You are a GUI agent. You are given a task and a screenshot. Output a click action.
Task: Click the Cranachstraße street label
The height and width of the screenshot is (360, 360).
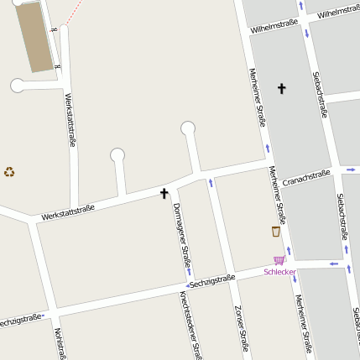point(305,177)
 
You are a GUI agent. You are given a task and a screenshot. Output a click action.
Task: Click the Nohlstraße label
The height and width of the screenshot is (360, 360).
point(60,343)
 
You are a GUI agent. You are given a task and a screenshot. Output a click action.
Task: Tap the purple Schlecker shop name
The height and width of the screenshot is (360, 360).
point(279,272)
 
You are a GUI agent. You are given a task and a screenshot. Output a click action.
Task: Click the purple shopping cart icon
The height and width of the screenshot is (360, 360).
point(279,260)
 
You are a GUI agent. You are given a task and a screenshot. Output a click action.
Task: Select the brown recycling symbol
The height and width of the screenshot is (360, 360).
point(9,172)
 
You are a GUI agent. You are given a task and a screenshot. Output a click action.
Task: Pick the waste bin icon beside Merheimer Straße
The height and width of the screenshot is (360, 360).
point(275,232)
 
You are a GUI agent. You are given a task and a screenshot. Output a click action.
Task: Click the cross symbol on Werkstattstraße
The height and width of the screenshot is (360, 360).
point(164,194)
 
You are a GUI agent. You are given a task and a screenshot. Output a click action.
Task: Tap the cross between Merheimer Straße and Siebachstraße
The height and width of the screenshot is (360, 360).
point(281,88)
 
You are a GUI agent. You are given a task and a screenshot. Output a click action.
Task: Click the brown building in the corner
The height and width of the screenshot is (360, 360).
point(34,35)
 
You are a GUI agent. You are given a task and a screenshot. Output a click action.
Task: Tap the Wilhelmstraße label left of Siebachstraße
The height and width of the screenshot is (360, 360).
point(274,26)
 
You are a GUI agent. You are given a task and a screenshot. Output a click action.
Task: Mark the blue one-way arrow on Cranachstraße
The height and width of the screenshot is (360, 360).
point(349,169)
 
